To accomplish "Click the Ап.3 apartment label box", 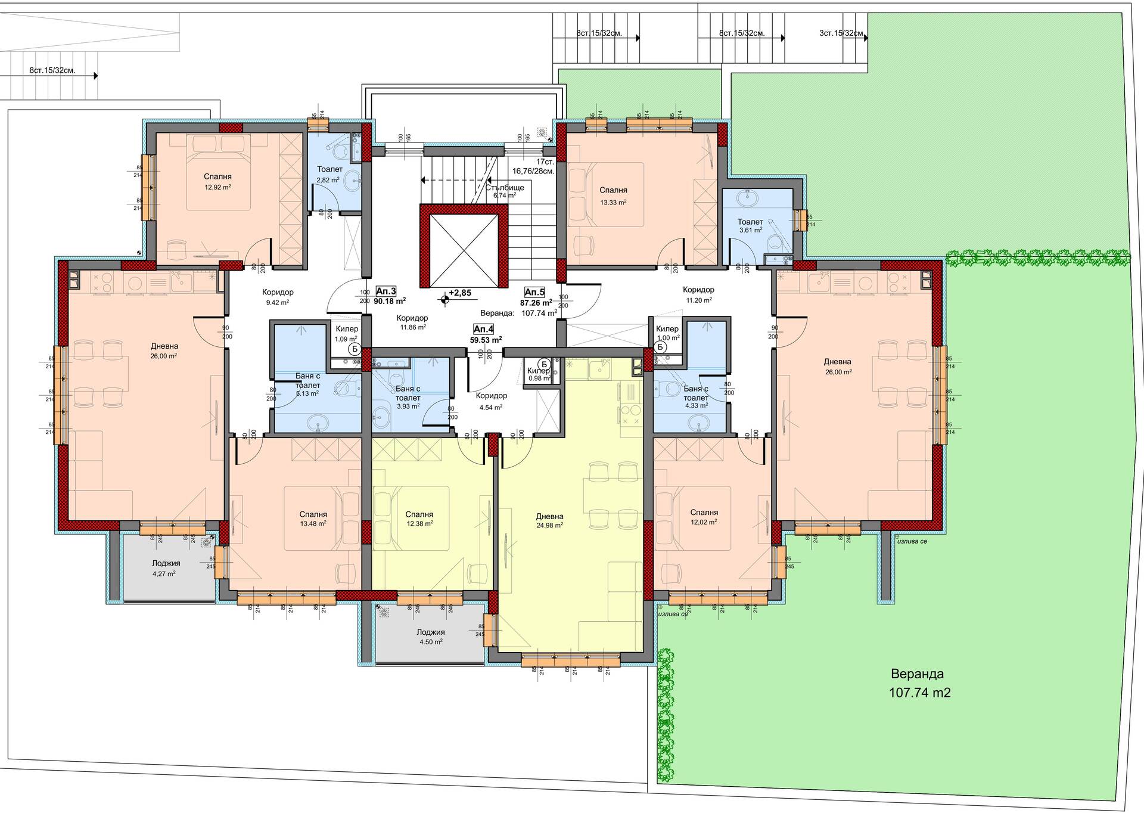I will pos(386,291).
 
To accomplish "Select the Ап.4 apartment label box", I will pos(483,329).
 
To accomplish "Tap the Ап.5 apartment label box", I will pos(534,292).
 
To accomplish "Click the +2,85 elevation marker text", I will pos(459,293).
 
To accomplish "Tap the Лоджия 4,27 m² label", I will pos(166,568).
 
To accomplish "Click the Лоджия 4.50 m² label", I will pos(431,637).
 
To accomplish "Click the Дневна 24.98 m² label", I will pos(549,521).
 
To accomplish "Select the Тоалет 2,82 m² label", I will pos(329,175).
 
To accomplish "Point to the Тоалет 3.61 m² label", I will pos(750,226).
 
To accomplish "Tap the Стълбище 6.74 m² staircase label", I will pos(504,191).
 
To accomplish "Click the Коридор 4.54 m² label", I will pos(492,401).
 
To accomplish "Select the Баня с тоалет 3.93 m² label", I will pos(408,397).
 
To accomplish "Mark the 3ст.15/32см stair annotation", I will pos(841,33).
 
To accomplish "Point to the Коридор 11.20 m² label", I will pos(699,294).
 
